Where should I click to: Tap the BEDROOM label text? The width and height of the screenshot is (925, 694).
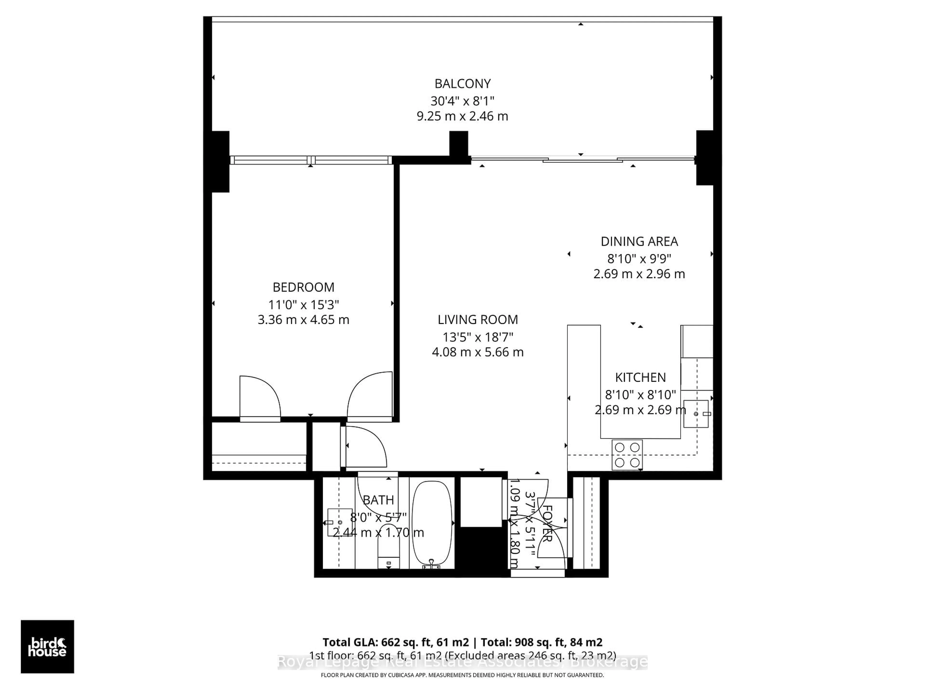303,287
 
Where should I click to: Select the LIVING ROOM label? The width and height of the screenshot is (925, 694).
477,320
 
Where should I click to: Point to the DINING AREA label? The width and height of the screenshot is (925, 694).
639,241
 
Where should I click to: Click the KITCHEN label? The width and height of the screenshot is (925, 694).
640,377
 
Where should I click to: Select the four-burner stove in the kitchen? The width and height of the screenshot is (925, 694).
627,455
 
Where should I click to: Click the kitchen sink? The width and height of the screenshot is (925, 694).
696,414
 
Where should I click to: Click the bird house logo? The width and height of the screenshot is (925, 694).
47,647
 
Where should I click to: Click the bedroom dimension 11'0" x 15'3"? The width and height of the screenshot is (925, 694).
303,304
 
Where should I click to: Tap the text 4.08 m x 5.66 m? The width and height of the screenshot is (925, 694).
477,352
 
